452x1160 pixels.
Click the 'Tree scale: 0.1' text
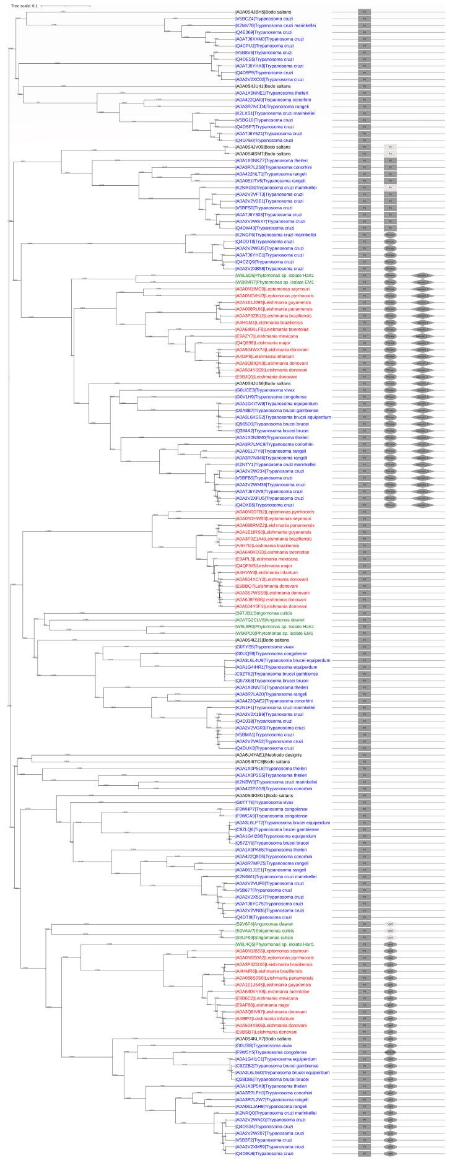pyautogui.click(x=24, y=6)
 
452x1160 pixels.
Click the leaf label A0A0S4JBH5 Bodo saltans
pyautogui.click(x=259, y=12)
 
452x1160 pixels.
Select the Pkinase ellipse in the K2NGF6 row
pyautogui.click(x=390, y=235)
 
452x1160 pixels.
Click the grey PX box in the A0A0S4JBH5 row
pyautogui.click(x=365, y=12)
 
